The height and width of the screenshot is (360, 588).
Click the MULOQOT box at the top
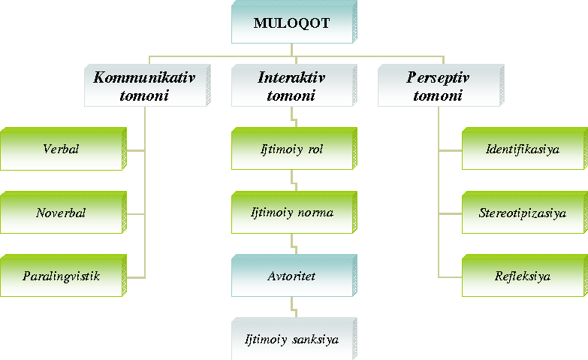[294, 22]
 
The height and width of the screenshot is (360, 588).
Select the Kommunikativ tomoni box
[147, 86]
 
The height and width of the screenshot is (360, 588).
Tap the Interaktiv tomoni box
[294, 86]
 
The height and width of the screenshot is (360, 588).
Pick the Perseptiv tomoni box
[441, 86]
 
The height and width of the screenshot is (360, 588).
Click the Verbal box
[63, 149]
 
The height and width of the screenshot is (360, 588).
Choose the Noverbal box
[63, 213]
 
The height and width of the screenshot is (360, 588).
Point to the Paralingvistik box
[63, 276]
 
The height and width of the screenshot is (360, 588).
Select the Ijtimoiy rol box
[294, 149]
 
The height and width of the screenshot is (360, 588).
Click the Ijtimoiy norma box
[294, 213]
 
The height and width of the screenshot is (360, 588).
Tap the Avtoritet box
[294, 276]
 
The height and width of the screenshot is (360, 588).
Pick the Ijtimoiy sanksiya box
[294, 339]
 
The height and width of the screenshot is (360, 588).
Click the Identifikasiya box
[525, 149]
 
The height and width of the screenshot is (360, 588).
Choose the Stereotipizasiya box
[525, 213]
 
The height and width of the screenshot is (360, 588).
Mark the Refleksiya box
[525, 276]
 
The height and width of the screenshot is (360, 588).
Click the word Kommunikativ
[144, 77]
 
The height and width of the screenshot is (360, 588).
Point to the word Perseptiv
[438, 78]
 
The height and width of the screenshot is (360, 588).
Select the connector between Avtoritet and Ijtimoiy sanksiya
[294, 307]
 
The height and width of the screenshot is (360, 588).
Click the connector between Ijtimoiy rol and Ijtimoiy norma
[294, 180]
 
